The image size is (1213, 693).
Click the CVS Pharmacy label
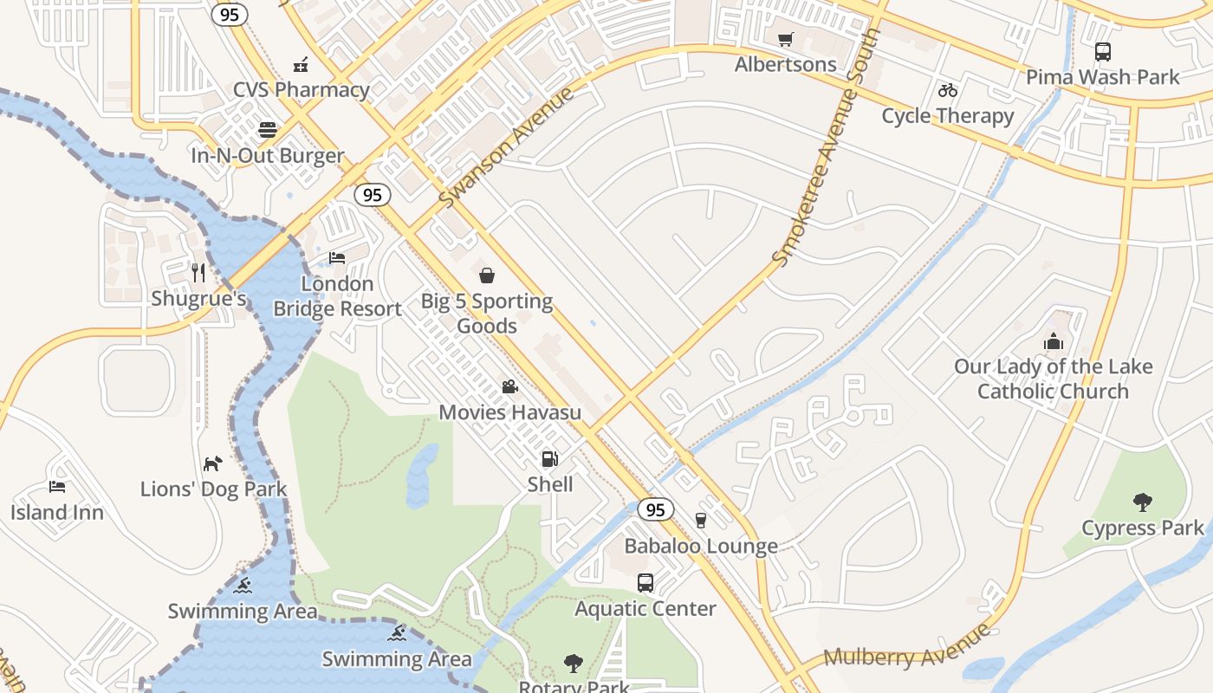tap(302, 89)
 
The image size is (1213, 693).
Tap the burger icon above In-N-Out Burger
tap(268, 130)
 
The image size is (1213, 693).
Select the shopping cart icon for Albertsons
tap(785, 39)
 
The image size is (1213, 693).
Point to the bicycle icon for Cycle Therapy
tap(948, 90)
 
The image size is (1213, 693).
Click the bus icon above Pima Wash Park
tap(1102, 52)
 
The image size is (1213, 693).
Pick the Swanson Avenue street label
tap(507, 147)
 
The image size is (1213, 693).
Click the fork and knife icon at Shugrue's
tap(199, 273)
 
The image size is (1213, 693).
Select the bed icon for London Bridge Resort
tap(337, 258)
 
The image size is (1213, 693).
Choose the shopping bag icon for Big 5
tap(487, 275)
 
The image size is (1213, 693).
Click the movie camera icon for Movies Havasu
tap(509, 386)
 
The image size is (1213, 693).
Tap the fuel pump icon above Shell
tap(550, 458)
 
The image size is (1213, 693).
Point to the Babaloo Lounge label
tap(701, 547)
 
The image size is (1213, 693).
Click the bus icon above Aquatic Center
tap(645, 583)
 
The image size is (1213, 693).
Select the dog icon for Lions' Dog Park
tap(212, 463)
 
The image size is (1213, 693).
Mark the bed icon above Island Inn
tap(57, 487)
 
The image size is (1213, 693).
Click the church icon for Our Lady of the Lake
tap(1054, 341)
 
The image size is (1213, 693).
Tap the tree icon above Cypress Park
tap(1143, 502)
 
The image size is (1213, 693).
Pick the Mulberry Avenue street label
tap(908, 648)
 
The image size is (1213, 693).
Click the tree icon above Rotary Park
tap(574, 664)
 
